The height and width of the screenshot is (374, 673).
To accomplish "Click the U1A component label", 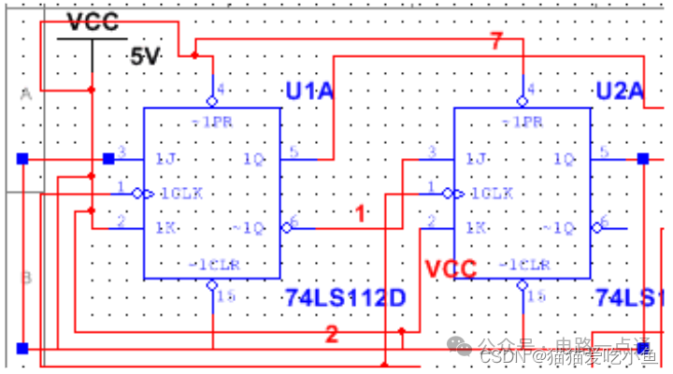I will click(308, 90).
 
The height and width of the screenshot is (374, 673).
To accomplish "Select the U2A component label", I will click(620, 91).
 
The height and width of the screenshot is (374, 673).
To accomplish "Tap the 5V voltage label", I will click(146, 57).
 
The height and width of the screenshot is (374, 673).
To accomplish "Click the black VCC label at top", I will click(94, 22).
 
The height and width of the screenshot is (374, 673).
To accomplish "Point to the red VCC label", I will click(451, 269).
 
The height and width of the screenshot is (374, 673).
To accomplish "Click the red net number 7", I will click(496, 40).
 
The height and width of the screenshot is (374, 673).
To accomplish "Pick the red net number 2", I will click(332, 334).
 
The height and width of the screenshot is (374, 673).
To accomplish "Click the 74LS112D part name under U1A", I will click(345, 298).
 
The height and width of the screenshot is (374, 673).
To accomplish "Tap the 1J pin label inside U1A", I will click(165, 158).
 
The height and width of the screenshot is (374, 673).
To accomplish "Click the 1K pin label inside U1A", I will click(165, 227).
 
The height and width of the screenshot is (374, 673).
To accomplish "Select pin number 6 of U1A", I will click(294, 222).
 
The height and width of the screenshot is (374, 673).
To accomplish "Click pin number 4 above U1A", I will click(221, 91).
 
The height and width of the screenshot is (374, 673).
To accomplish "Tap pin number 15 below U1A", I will click(225, 296).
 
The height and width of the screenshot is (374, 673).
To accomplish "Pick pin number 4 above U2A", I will click(531, 91).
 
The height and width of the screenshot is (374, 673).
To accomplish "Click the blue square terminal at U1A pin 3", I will click(108, 158).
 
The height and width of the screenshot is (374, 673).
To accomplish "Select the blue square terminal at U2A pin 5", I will click(643, 159).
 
